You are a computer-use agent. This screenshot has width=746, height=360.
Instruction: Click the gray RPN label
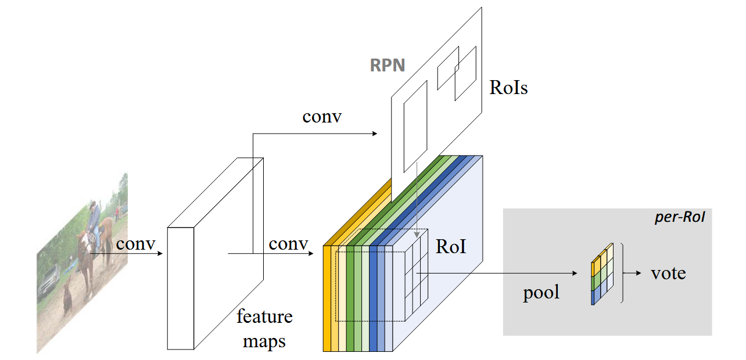click(x=388, y=64)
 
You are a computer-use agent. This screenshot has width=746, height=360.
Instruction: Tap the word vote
click(x=668, y=272)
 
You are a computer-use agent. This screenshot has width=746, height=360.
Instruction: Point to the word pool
click(x=541, y=291)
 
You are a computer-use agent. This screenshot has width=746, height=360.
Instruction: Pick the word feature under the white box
click(x=264, y=316)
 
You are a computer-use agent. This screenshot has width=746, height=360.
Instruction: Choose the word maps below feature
click(x=264, y=340)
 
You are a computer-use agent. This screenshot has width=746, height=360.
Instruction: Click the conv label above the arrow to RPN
click(x=322, y=116)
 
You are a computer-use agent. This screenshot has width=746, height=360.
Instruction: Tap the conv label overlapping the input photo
click(x=135, y=243)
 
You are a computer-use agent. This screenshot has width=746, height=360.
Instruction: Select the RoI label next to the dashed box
click(x=451, y=247)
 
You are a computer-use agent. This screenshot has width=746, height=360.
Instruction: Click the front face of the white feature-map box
click(x=181, y=288)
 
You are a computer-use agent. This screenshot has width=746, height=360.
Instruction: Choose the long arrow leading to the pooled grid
click(x=500, y=273)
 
